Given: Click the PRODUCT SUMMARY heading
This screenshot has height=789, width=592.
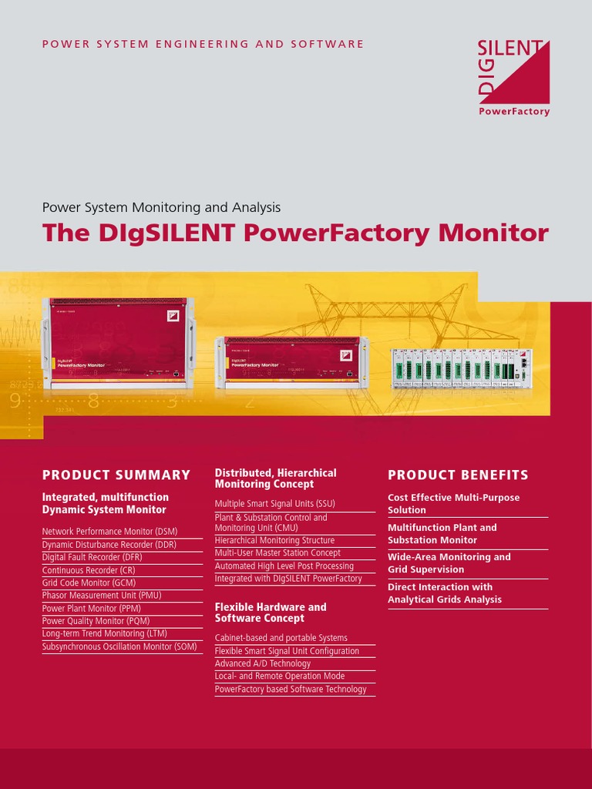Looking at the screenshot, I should (x=116, y=475).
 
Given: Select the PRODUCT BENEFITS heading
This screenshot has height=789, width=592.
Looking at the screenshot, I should (x=458, y=475).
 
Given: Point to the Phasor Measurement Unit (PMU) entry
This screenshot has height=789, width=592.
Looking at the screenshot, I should (x=102, y=596).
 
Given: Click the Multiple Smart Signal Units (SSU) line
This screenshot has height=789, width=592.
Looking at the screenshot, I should (x=274, y=504).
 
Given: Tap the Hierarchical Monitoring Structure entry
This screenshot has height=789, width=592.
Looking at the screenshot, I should (x=274, y=540).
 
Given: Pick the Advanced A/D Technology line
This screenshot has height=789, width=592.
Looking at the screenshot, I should (x=263, y=663).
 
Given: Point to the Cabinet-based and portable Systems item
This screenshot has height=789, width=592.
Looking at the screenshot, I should (x=281, y=638).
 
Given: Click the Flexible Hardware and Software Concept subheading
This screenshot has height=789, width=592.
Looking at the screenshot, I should (x=270, y=613).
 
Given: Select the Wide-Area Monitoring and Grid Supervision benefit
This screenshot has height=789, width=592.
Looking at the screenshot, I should (x=449, y=563).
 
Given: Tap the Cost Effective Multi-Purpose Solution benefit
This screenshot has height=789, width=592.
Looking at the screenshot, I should (x=453, y=504).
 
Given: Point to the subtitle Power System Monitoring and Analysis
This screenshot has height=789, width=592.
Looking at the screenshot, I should (x=161, y=207).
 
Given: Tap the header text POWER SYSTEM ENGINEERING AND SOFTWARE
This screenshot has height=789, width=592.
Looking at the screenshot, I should (x=203, y=44).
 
